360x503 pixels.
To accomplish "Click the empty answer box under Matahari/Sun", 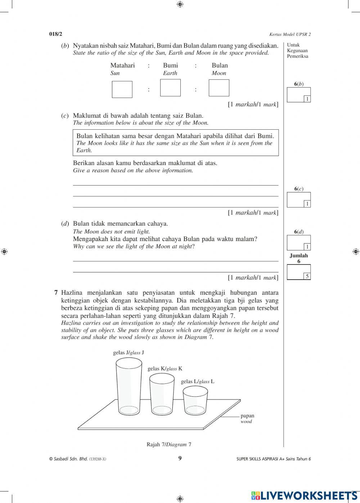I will [122, 89].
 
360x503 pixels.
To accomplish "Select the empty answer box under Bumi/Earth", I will [170, 88].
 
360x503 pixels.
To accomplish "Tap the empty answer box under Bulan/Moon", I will [219, 88].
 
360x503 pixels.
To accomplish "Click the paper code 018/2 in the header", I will [56, 34].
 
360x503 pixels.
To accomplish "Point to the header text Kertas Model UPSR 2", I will [290, 35].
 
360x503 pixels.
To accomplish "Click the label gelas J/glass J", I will [129, 353].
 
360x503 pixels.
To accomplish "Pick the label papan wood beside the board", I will [247, 418].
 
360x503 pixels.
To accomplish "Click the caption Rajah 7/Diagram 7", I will [169, 444].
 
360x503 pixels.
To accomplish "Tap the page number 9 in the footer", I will [180, 458].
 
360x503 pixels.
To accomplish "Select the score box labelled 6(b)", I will [298, 95].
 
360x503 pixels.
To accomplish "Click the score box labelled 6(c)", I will [298, 200].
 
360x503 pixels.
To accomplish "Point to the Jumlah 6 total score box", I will [298, 272].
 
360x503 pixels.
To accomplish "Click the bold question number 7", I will [56, 293].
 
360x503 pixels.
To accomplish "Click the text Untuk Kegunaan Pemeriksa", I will [297, 51].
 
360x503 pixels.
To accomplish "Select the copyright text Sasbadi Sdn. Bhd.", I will [77, 459].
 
